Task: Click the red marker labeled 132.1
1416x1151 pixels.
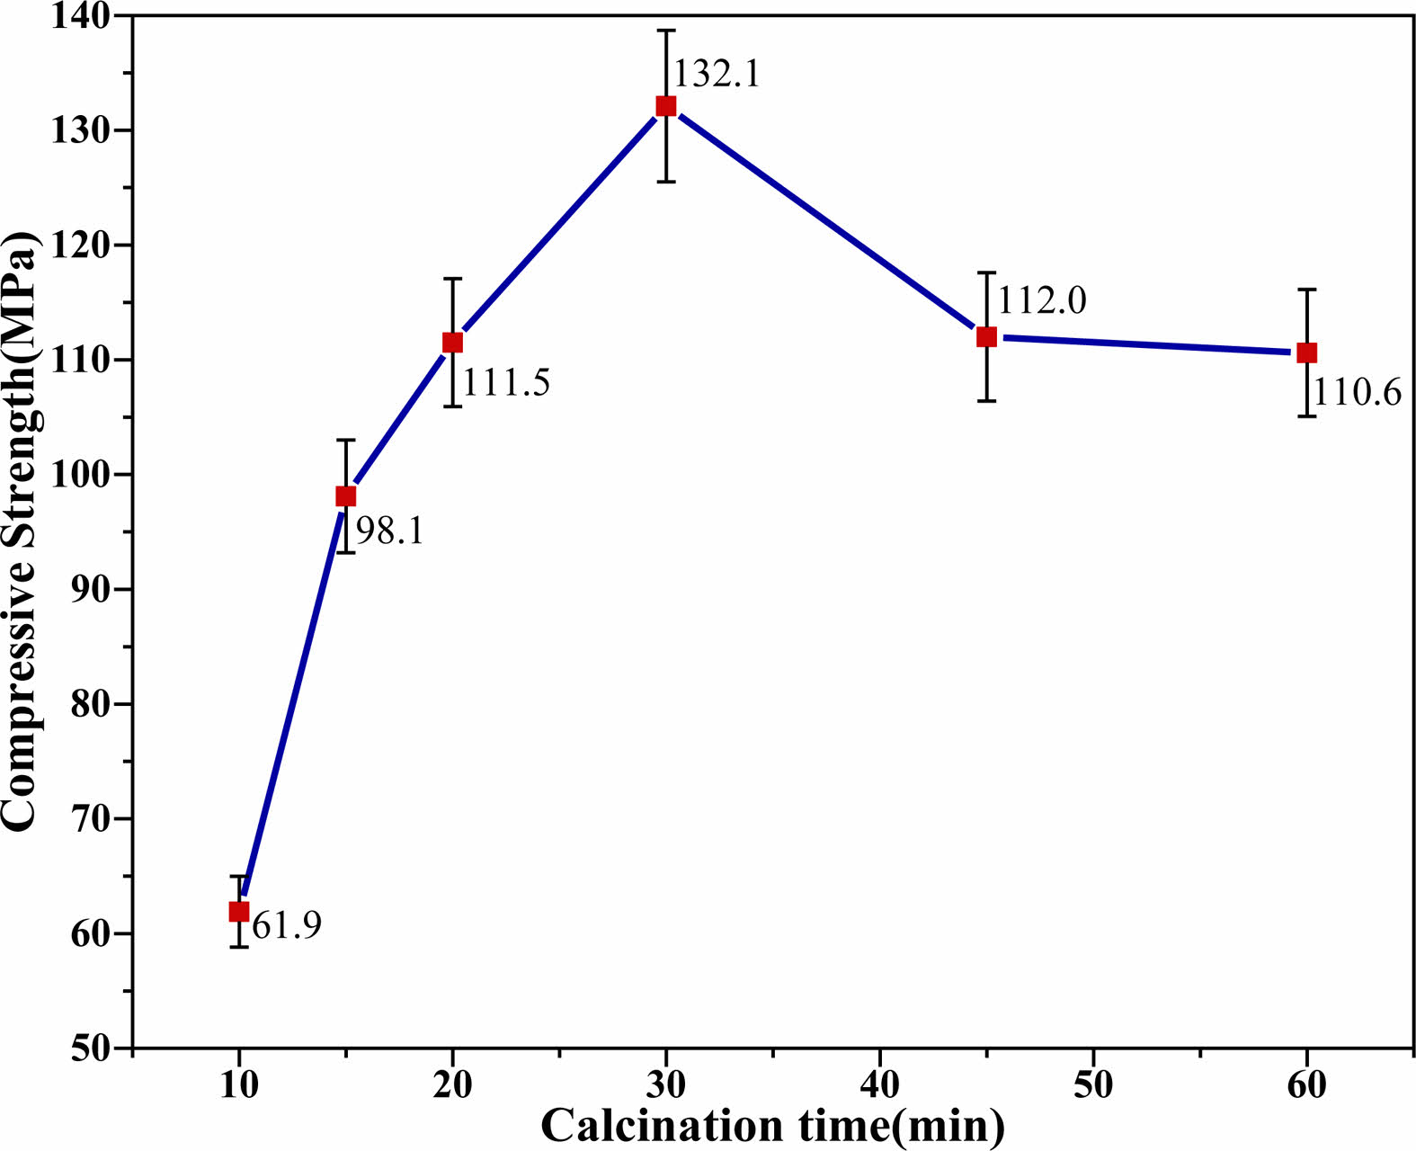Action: coord(665,106)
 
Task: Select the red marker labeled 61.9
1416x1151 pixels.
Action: coord(238,911)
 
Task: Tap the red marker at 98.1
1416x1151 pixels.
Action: coord(346,496)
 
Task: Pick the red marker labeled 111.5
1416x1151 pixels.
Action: coord(452,343)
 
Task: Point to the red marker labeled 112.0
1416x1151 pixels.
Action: coord(986,337)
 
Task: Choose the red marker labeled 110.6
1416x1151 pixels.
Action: coord(1307,353)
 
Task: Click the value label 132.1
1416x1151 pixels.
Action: coord(717,73)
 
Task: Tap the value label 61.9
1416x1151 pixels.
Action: coord(287,925)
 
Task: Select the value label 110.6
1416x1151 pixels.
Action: coord(1358,392)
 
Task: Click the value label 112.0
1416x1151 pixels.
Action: coord(1042,300)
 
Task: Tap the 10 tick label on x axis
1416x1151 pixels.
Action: coord(238,1086)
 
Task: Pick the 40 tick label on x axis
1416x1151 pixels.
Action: coord(880,1086)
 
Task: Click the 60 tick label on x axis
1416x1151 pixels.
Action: coord(1307,1086)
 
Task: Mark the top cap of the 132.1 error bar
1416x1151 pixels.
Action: coord(665,31)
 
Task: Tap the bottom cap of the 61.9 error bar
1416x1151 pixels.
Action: coord(238,946)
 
